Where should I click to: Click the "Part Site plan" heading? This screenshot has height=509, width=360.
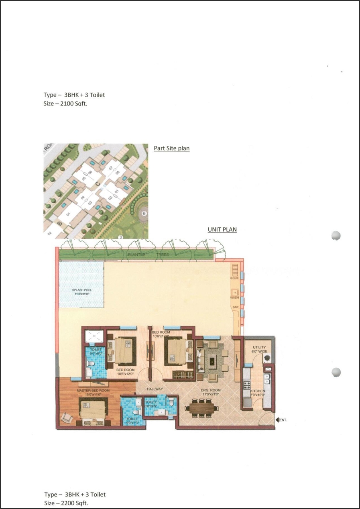click(171, 148)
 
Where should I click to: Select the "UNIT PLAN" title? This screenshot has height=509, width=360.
click(222, 230)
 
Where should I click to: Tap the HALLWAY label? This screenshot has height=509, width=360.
click(155, 389)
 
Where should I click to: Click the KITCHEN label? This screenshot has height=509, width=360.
click(257, 391)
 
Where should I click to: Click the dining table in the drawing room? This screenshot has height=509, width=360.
click(202, 408)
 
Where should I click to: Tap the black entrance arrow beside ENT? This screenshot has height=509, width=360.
click(277, 420)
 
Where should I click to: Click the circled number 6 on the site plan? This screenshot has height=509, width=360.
click(144, 214)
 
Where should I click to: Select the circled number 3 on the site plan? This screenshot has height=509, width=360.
click(120, 237)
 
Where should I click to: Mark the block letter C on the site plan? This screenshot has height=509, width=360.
click(98, 185)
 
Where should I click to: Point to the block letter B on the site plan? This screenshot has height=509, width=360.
click(59, 223)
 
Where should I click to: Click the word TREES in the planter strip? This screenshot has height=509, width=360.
click(163, 254)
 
